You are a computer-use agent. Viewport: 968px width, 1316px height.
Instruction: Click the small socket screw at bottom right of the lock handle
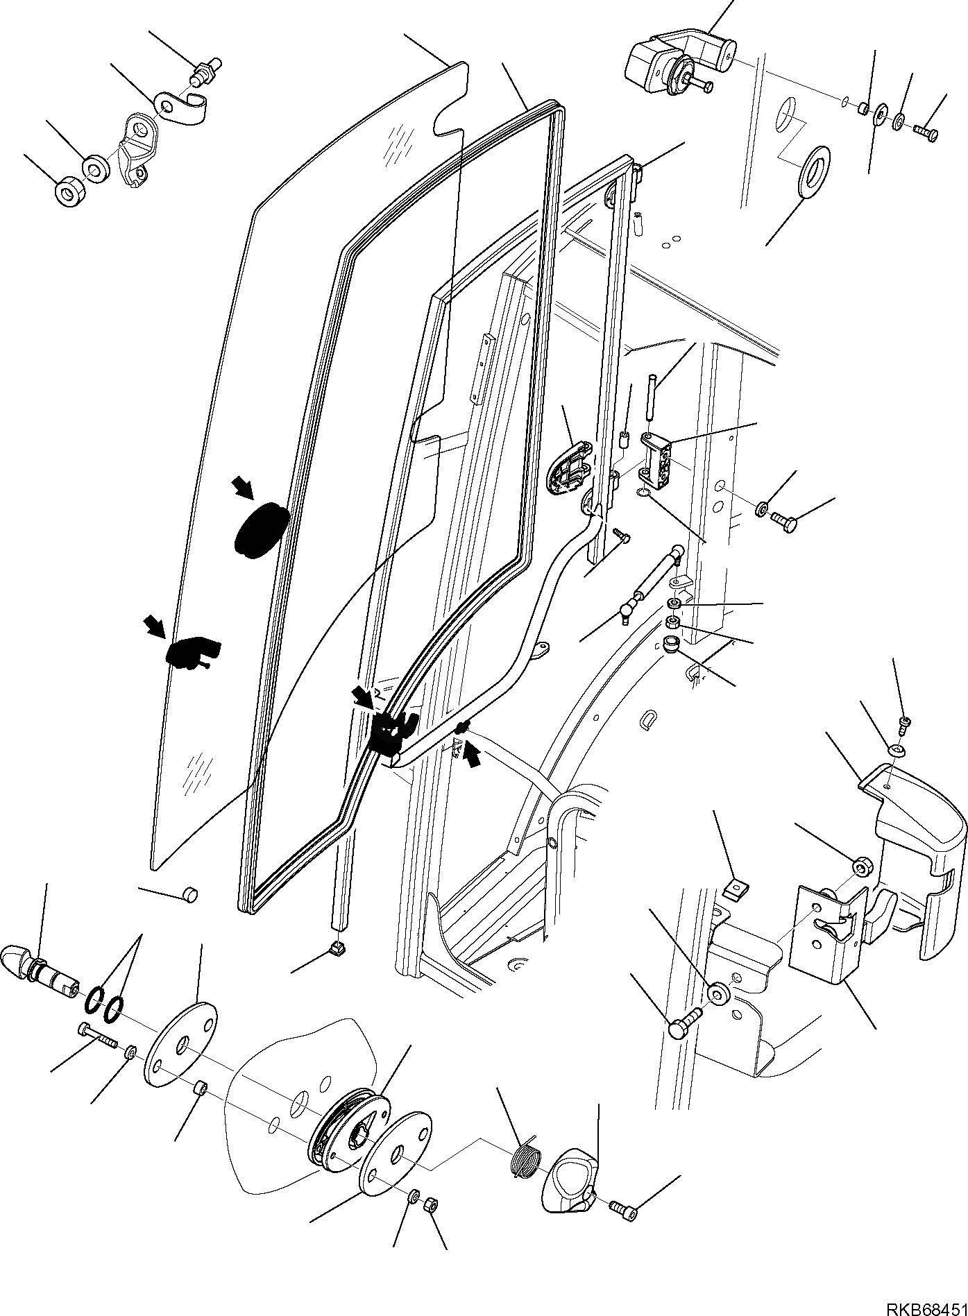coord(622,1210)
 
